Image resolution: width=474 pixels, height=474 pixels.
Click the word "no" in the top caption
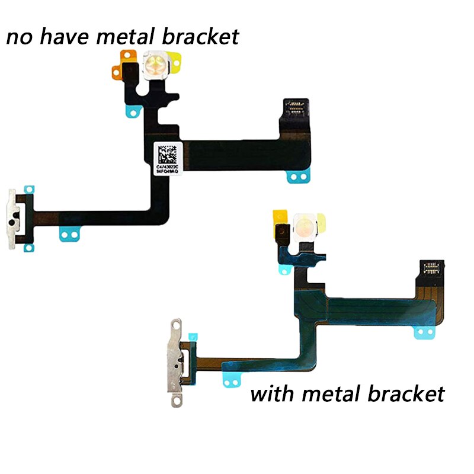[19, 37]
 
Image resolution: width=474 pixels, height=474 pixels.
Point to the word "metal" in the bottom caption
[332, 393]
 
